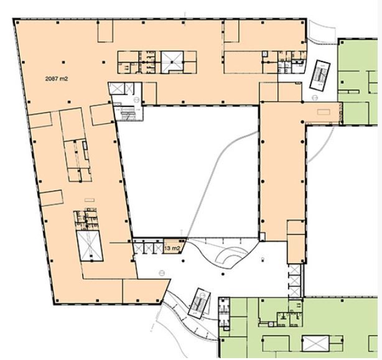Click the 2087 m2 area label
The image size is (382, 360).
pyautogui.click(x=57, y=78)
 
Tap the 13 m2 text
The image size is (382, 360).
pyautogui.click(x=172, y=249)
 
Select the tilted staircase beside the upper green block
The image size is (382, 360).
pyautogui.click(x=320, y=75)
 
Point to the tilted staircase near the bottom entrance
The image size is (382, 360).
pyautogui.click(x=199, y=303)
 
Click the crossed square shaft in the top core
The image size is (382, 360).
pyautogui.click(x=172, y=62)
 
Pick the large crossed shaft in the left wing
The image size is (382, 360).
pyautogui.click(x=90, y=246)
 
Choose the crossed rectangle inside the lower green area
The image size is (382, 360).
pyautogui.click(x=315, y=343)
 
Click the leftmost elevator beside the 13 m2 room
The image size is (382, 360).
pyautogui.click(x=138, y=248)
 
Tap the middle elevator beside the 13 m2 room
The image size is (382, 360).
pyautogui.click(x=148, y=248)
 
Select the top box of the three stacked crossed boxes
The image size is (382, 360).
pyautogui.click(x=294, y=269)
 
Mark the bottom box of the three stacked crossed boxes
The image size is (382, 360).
pyautogui.click(x=294, y=292)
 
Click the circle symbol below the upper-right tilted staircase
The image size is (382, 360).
pyautogui.click(x=315, y=98)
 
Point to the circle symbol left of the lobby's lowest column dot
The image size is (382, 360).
pyautogui.click(x=162, y=273)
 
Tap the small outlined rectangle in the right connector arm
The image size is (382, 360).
pyautogui.click(x=324, y=112)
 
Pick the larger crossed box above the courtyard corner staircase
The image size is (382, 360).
pyautogui.click(x=117, y=88)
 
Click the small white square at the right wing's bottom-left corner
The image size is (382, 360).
pyautogui.click(x=262, y=237)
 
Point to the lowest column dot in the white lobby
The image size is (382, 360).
pyautogui.click(x=223, y=274)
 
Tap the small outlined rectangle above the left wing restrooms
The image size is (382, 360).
pyautogui.click(x=90, y=200)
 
